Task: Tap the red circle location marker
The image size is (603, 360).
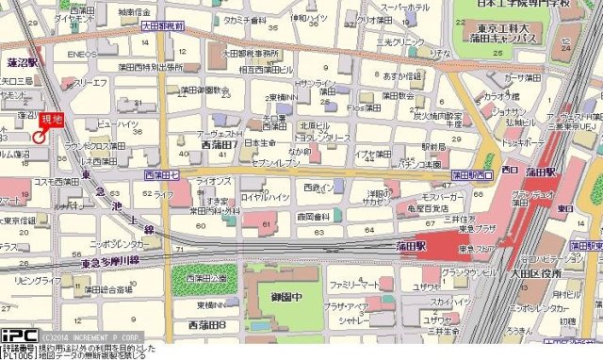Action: pos(39,137)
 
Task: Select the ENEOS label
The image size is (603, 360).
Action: pos(81,55)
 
